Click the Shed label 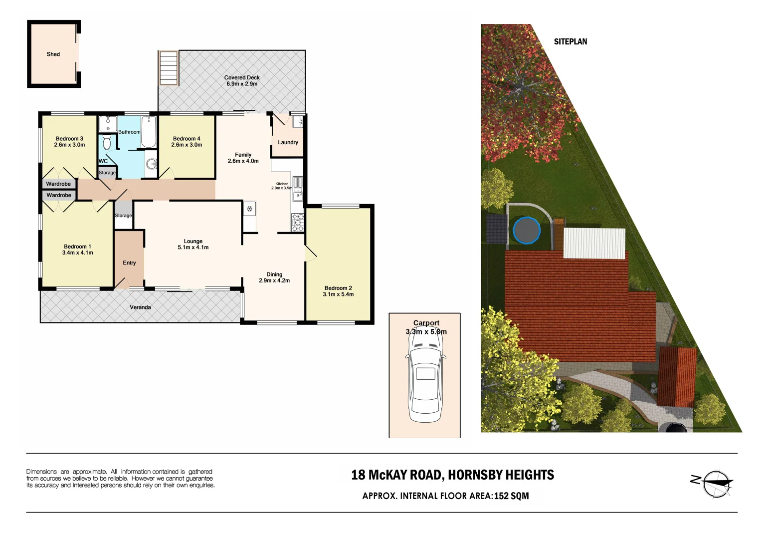click(x=53, y=54)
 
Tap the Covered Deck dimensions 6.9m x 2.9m click(x=242, y=84)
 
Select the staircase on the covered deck click(x=169, y=68)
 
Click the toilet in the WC click(x=107, y=141)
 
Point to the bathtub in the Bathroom click(x=148, y=132)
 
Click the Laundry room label click(x=288, y=143)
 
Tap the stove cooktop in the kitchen click(x=298, y=222)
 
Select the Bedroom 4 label click(x=187, y=139)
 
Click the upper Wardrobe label click(x=58, y=184)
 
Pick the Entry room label click(x=129, y=263)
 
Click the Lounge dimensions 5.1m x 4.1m click(x=193, y=248)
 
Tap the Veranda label click(x=140, y=307)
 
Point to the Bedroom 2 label click(x=338, y=288)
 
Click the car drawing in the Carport click(x=425, y=375)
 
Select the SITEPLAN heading click(x=570, y=42)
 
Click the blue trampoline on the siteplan click(x=527, y=230)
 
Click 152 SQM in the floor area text click(x=511, y=496)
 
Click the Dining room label click(x=274, y=274)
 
